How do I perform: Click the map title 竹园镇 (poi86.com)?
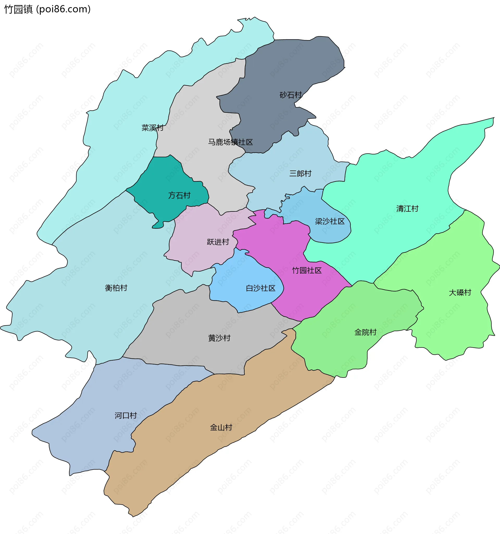[x=47, y=9]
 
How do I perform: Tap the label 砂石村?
[x=291, y=95]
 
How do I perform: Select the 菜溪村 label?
[x=152, y=128]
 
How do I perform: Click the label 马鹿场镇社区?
[x=230, y=142]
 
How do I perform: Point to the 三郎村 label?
[x=300, y=173]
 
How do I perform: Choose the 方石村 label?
[x=179, y=195]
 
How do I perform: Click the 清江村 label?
[x=407, y=209]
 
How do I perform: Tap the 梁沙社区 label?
[x=330, y=221]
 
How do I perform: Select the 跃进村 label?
[x=218, y=242]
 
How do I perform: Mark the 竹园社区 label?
[x=307, y=270]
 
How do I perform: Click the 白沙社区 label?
[x=261, y=288]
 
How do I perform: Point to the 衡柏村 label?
[x=116, y=288]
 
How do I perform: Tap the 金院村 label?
[x=365, y=332]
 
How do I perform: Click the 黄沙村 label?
[x=219, y=338]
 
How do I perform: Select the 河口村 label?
[x=126, y=416]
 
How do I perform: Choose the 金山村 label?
[x=221, y=427]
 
